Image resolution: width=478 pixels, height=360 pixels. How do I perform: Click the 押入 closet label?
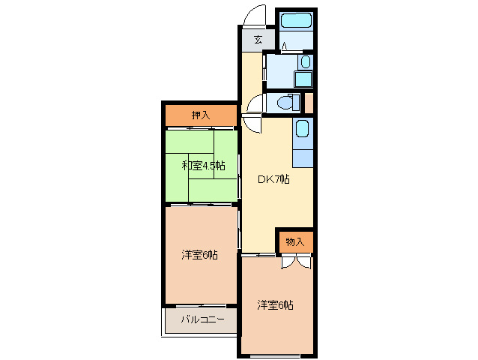click(x=200, y=115)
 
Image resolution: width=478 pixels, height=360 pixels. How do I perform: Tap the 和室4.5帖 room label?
click(x=203, y=165)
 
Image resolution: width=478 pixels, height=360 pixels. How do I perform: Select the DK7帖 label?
click(x=274, y=179)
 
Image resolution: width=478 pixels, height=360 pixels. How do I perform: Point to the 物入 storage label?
click(x=295, y=241)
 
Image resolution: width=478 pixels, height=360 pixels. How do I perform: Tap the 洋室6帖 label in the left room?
click(x=199, y=255)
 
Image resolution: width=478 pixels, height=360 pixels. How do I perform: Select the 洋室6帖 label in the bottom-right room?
click(x=275, y=305)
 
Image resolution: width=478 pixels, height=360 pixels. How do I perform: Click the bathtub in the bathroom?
click(x=295, y=21)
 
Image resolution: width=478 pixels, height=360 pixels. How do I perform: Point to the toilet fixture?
click(x=285, y=102)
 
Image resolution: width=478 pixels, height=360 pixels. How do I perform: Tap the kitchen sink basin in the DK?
click(x=302, y=130)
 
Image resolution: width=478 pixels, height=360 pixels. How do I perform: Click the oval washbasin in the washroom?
click(x=304, y=62)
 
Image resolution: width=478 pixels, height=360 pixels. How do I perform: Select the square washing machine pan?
click(x=303, y=79)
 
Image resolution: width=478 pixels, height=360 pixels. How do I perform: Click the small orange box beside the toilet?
click(x=309, y=102)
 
